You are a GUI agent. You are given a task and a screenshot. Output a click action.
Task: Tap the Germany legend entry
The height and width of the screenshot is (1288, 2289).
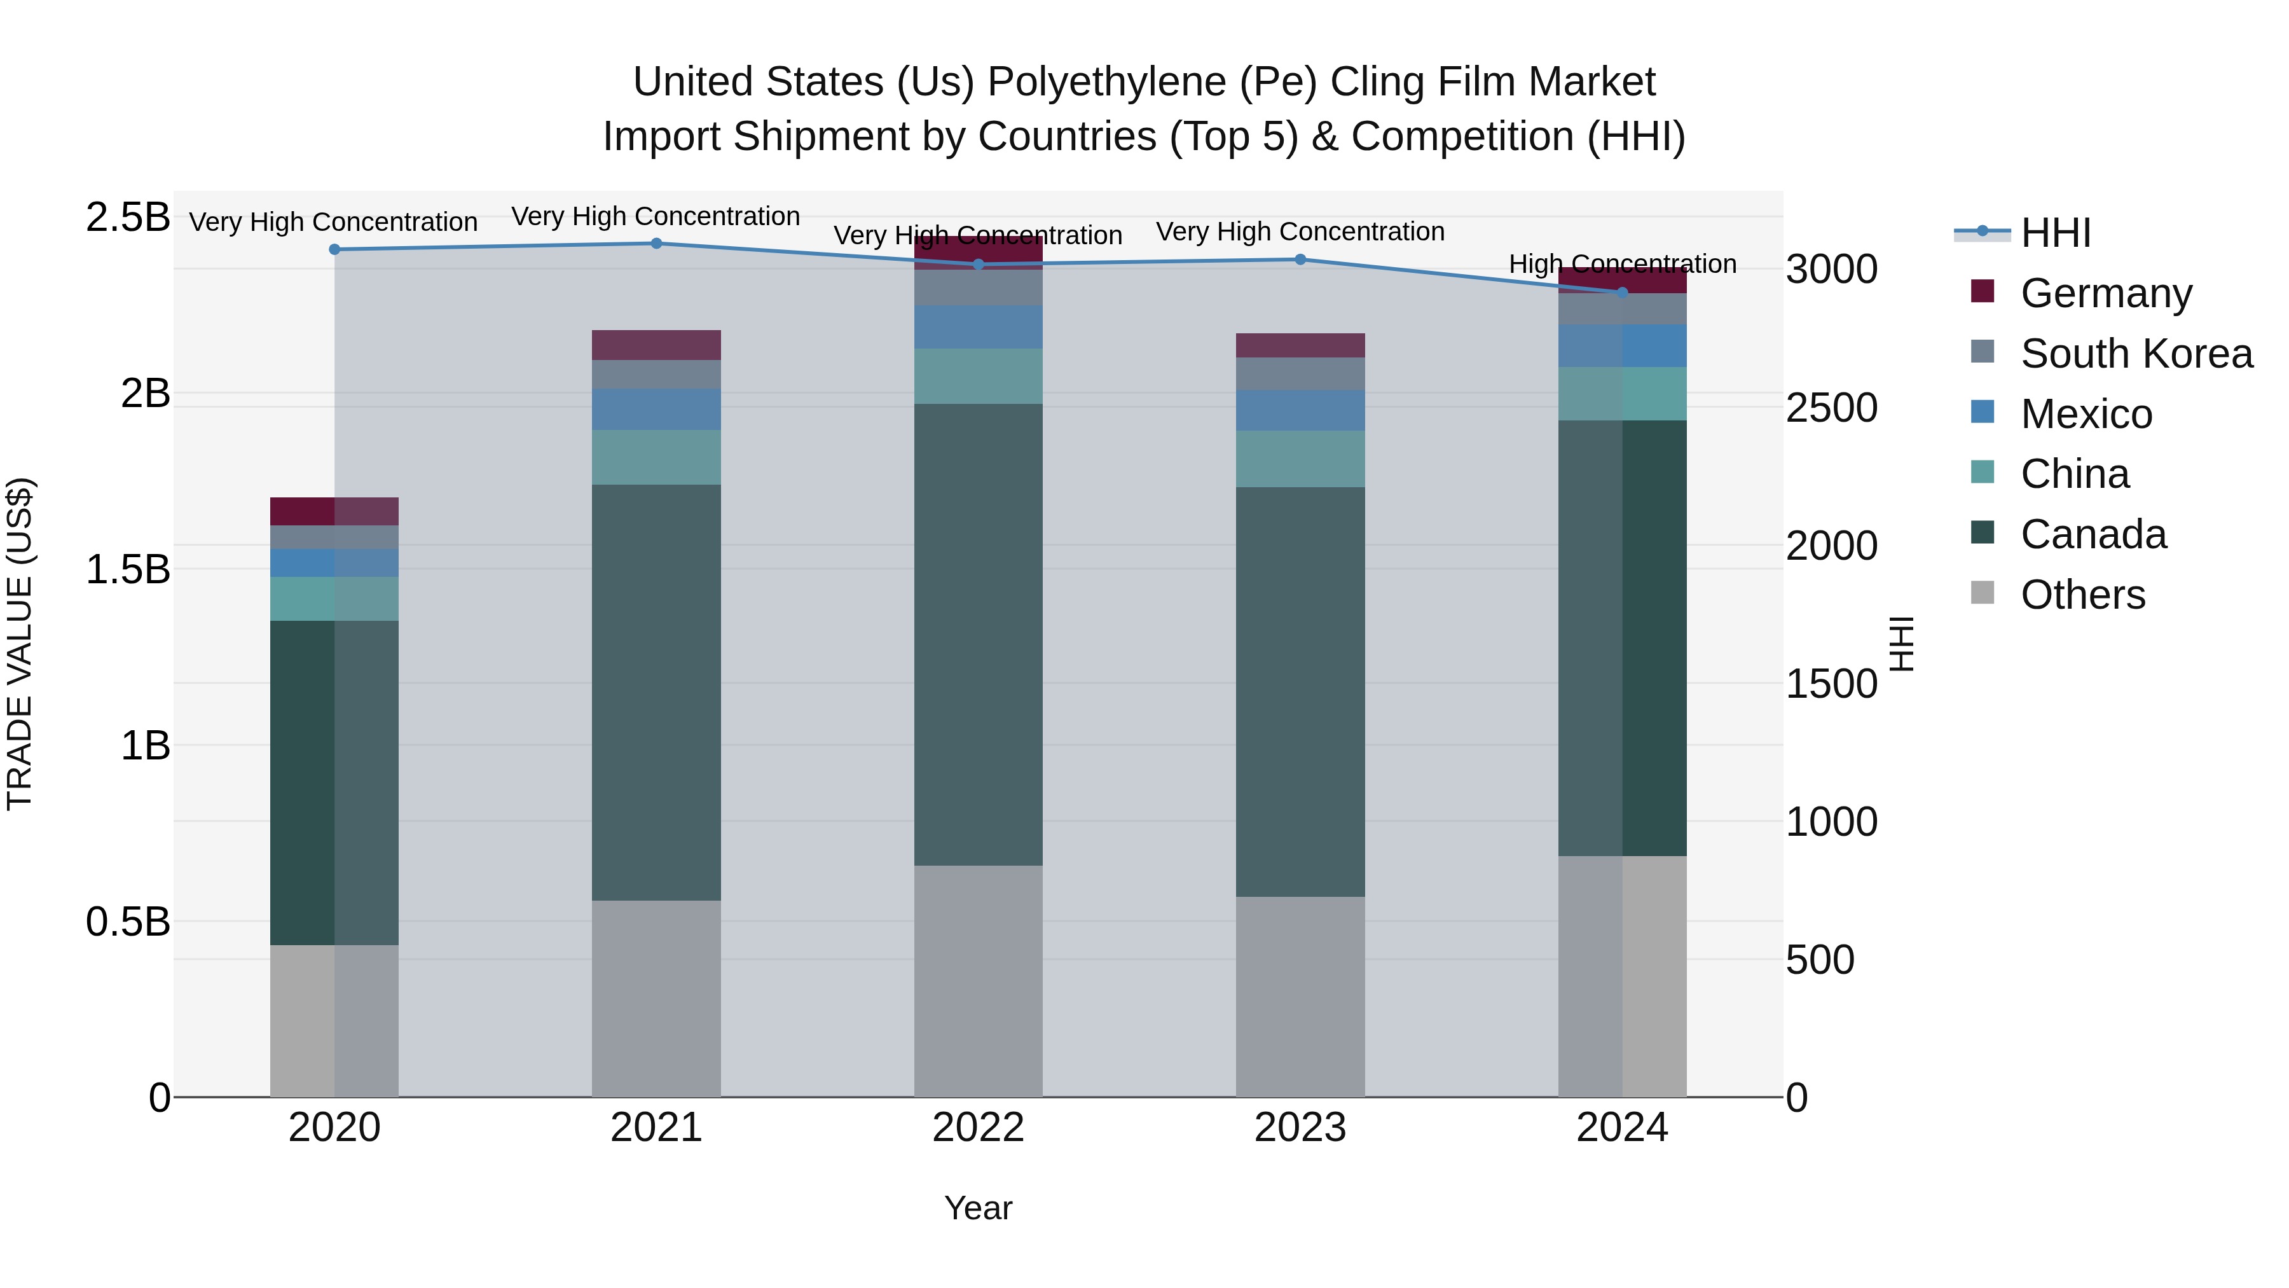2105,293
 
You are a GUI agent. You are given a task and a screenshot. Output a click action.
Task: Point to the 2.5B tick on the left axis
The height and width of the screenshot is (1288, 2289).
127,218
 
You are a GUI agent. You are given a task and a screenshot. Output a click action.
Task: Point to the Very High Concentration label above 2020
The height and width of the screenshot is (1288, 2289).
333,222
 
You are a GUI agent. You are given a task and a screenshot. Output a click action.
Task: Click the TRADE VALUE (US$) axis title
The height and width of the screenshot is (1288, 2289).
20,644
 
